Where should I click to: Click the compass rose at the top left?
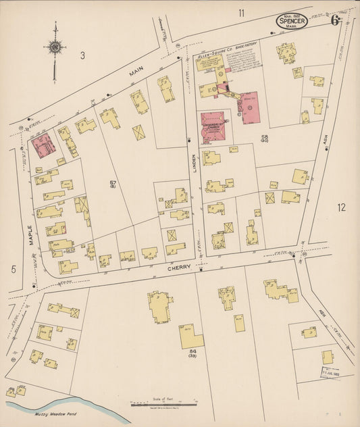[55, 47]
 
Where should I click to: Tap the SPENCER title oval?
[291, 22]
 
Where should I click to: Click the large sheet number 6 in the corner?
[335, 20]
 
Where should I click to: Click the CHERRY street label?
[178, 269]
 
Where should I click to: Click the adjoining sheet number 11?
[241, 12]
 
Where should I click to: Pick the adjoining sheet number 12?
[341, 207]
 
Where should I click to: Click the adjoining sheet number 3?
[82, 55]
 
